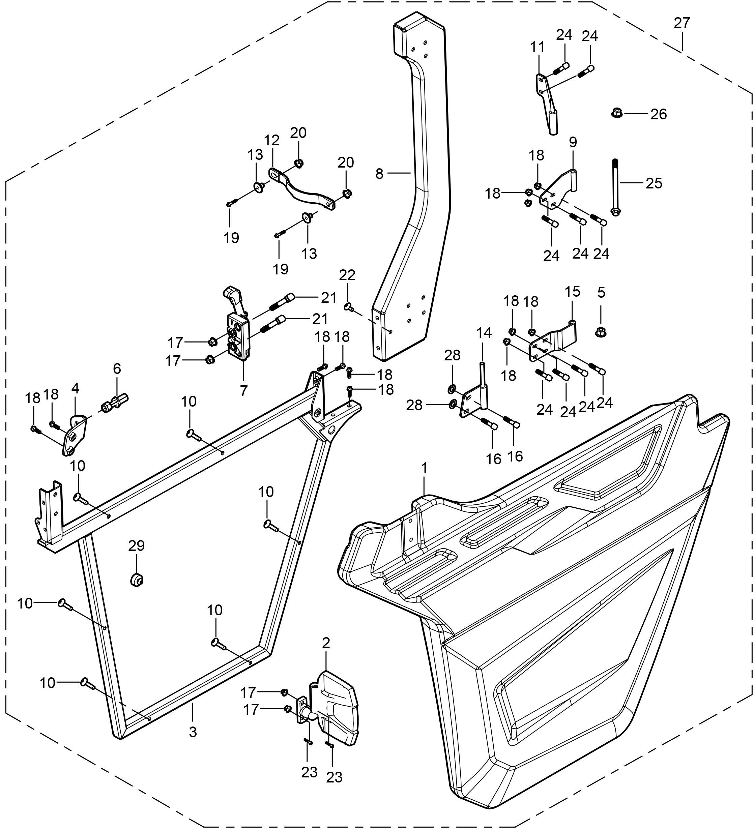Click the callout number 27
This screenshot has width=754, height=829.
[x=681, y=23]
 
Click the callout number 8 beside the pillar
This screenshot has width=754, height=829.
[x=379, y=174]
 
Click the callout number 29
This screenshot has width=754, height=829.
[x=137, y=546]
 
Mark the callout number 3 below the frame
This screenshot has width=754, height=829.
[x=193, y=731]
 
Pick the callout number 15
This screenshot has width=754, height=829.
[x=572, y=292]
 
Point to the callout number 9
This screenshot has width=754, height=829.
[x=573, y=142]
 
